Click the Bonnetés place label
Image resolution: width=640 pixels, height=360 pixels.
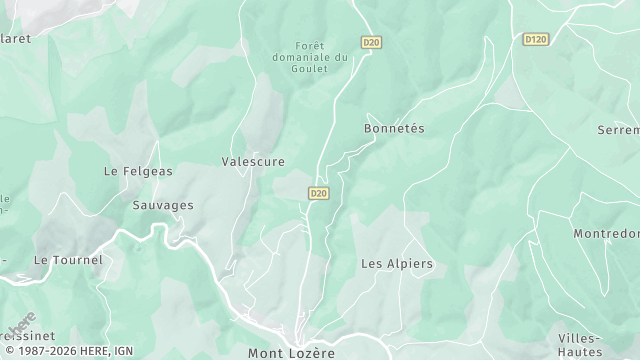tap(394, 130)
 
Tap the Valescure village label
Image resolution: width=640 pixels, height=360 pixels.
tap(253, 161)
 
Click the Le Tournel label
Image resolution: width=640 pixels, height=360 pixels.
tap(55, 259)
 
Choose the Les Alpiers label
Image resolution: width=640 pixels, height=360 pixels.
tap(396, 264)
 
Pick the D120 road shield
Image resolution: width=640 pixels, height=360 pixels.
tap(536, 39)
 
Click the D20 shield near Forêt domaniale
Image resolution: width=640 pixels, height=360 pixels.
tap(371, 42)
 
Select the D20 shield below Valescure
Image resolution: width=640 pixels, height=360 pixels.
tap(319, 193)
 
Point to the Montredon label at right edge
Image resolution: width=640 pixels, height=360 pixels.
tap(606, 234)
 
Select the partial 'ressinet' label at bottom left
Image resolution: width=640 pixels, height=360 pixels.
tap(28, 336)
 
